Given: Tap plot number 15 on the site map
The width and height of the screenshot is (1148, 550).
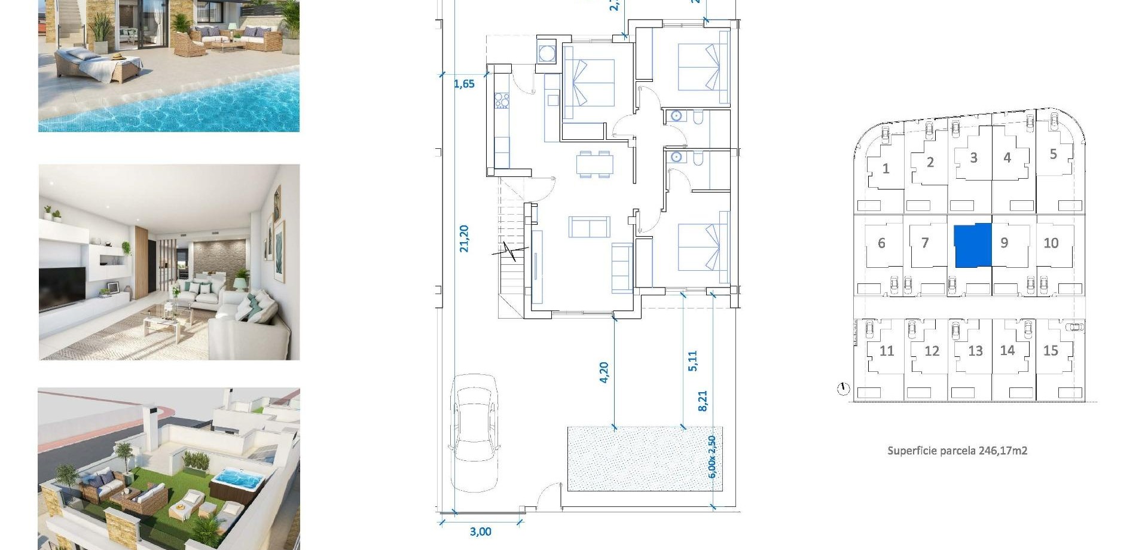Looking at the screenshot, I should click(x=1051, y=351).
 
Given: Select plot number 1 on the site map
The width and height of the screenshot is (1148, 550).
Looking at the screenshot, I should click(x=886, y=169).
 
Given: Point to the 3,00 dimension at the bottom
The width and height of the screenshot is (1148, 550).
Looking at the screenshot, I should click(x=480, y=531).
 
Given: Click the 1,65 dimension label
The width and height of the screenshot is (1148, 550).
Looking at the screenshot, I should click(x=464, y=84).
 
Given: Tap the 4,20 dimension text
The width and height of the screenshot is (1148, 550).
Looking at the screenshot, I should click(x=604, y=372).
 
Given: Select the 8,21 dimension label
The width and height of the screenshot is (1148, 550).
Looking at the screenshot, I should click(x=703, y=401).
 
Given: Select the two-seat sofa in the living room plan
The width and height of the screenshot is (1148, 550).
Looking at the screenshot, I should click(x=590, y=227).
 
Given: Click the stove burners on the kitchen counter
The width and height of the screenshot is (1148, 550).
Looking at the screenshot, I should click(x=501, y=100).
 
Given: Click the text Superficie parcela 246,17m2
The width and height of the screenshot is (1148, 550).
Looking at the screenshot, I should click(x=957, y=451).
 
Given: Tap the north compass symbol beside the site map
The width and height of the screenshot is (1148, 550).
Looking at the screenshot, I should click(x=843, y=389).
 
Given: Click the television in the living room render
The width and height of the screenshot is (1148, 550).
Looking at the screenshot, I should click(x=62, y=287).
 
